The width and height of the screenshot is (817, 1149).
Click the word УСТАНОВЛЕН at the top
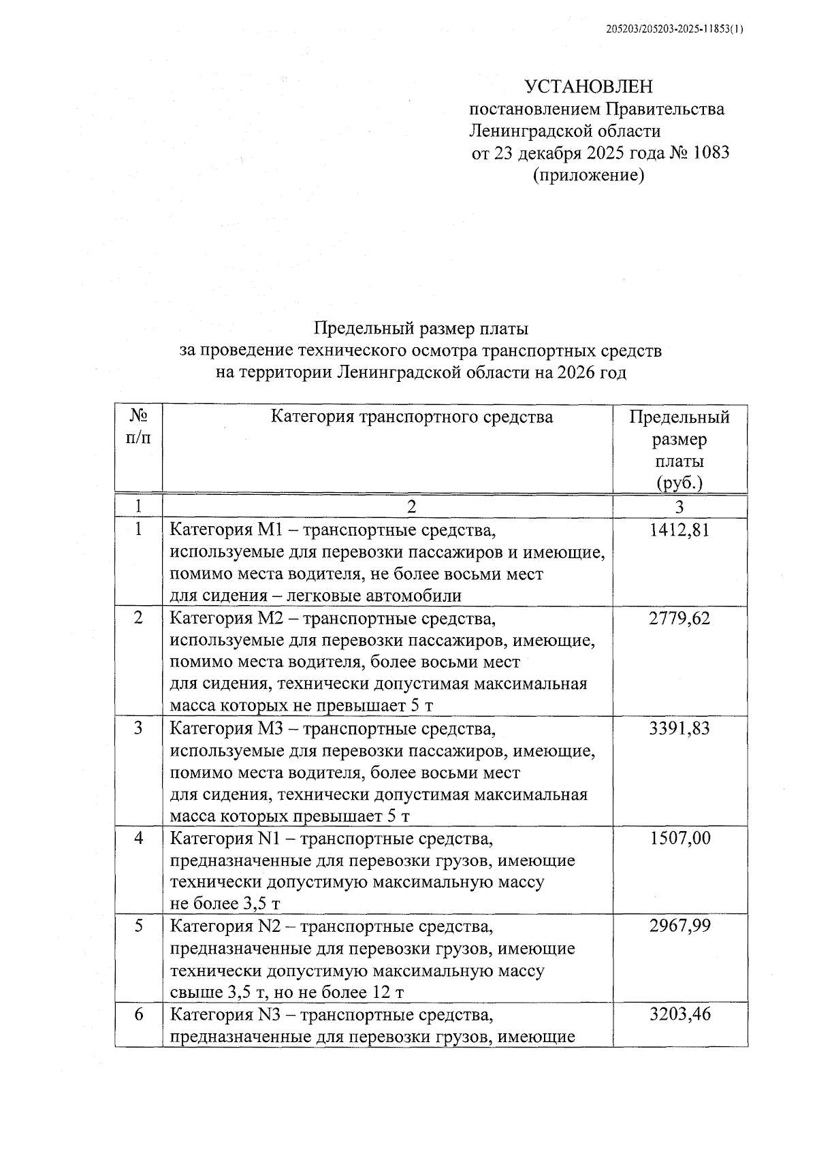tap(588, 86)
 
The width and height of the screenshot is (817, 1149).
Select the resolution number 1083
tap(711, 152)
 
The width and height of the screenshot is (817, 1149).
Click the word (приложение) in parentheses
tap(588, 175)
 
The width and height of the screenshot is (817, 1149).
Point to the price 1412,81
tap(679, 530)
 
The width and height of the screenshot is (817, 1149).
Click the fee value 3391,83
tap(679, 728)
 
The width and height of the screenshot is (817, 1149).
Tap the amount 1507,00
tap(679, 838)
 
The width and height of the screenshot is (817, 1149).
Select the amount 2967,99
tap(679, 926)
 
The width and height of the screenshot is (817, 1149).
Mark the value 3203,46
tap(679, 1014)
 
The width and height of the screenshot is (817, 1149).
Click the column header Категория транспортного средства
tap(412, 416)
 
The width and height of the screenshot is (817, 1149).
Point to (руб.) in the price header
tap(679, 483)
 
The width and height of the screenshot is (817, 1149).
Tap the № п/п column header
tap(139, 426)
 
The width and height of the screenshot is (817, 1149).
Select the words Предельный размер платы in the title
tap(421, 329)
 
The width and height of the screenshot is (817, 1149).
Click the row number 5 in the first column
tap(139, 926)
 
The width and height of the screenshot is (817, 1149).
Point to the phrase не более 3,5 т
tap(225, 903)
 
